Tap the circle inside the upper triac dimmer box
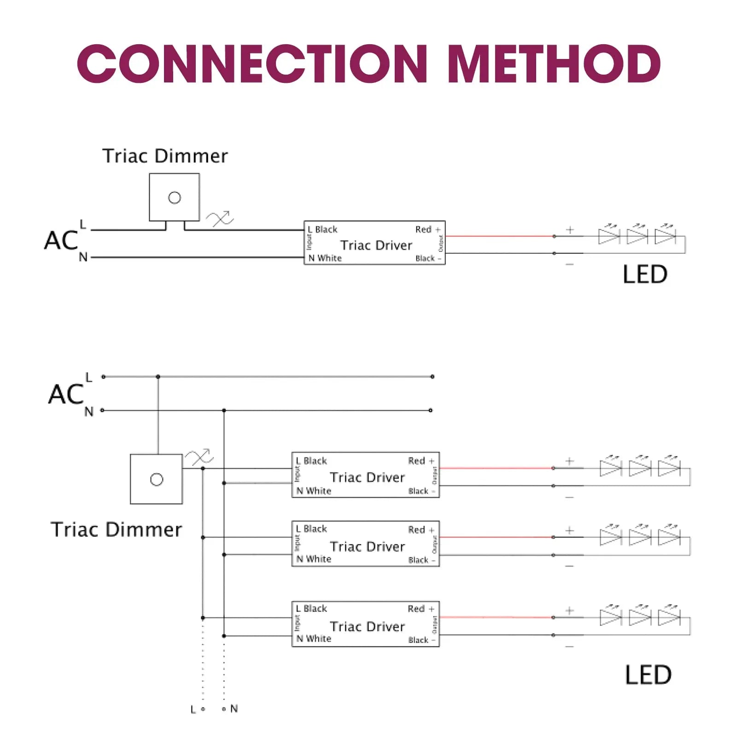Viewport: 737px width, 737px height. pos(175,198)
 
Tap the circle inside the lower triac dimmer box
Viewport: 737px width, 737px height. pos(157,480)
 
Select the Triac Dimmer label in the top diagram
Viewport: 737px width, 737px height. pos(165,156)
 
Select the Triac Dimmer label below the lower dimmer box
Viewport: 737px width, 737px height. pos(116,530)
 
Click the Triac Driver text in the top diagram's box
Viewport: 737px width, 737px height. pos(376,245)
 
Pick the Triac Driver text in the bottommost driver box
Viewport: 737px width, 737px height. pos(367,626)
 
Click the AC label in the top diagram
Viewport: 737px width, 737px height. pos(61,240)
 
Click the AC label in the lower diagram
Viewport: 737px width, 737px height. pos(66,394)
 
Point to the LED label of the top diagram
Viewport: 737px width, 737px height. pos(645,275)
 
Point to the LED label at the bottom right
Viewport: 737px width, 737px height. pos(648,675)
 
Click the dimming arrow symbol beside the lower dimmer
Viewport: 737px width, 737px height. pos(199,457)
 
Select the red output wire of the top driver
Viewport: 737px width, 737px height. pos(500,236)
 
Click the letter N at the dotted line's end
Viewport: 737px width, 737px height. pos(234,708)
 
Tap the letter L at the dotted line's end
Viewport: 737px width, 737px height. pos(193,709)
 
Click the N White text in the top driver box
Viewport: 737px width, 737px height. pos(325,258)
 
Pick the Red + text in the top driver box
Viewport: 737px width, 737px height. pos(427,229)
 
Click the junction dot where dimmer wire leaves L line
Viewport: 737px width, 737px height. pos(158,377)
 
